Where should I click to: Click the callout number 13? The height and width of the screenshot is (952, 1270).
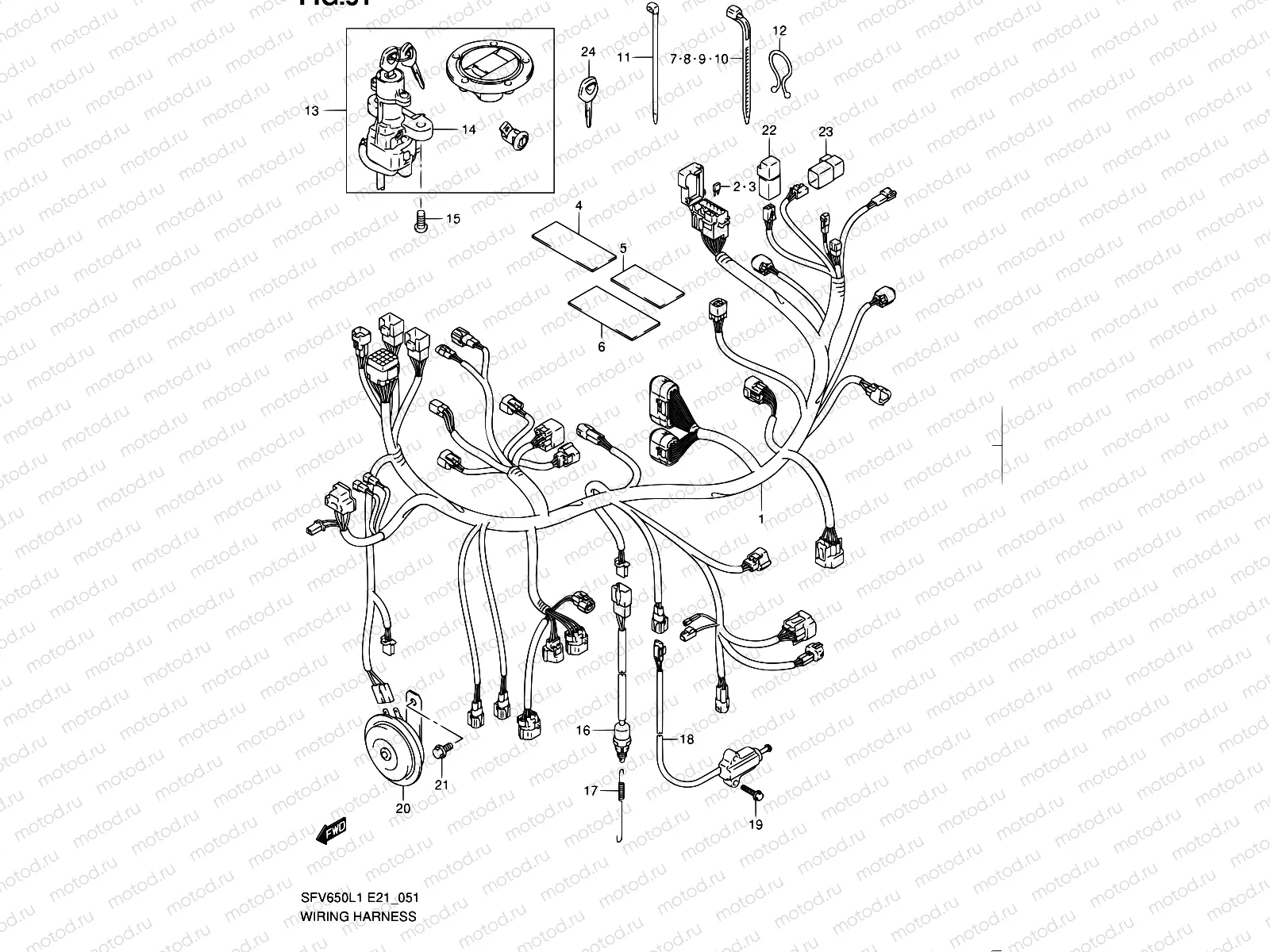click(312, 110)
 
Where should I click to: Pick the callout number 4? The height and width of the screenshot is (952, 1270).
click(579, 205)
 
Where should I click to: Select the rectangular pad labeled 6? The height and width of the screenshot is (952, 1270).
click(614, 316)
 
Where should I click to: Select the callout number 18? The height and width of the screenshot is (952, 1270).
click(686, 739)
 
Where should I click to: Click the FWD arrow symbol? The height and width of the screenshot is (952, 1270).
click(331, 831)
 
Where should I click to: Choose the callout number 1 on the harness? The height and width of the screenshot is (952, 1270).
click(761, 519)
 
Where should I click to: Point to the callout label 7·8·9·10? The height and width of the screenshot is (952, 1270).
click(698, 59)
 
